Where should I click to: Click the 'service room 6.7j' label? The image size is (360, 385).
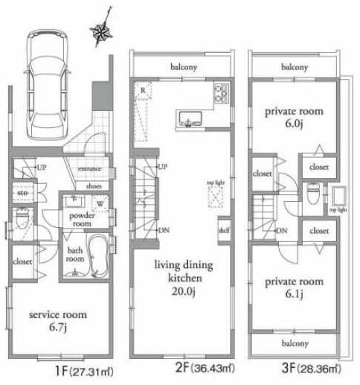coord(57,321)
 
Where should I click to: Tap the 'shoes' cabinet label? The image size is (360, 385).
coord(94,186)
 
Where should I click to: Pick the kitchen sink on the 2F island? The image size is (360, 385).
coord(189,117)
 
